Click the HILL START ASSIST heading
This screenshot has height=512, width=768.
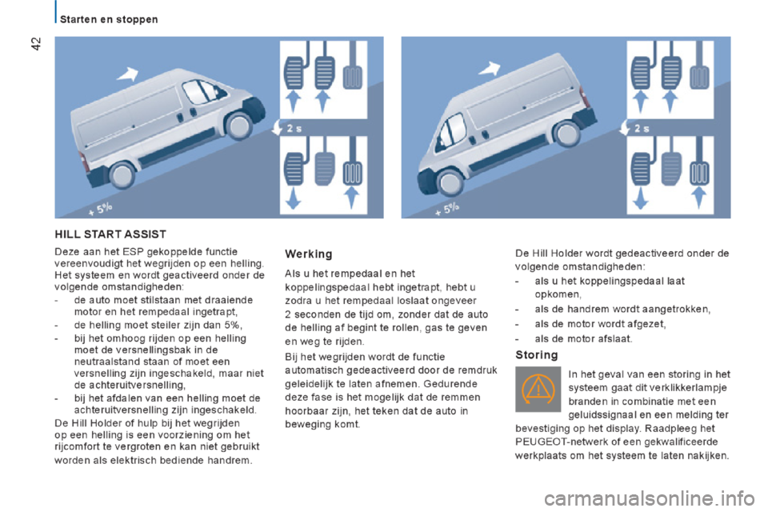coord(110,234)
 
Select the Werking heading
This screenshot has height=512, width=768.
coord(308,254)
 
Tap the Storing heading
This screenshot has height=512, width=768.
coord(537,354)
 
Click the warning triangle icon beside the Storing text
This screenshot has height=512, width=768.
coord(538,388)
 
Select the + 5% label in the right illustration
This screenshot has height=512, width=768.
coord(448,209)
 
